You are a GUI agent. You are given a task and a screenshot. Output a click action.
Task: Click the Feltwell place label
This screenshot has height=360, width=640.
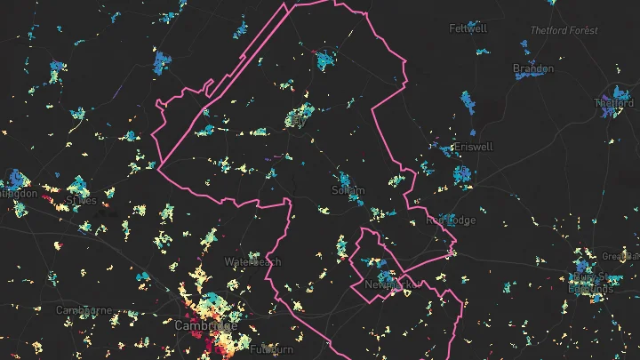(468, 28)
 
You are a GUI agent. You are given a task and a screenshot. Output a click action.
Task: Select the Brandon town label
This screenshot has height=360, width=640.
(533, 68)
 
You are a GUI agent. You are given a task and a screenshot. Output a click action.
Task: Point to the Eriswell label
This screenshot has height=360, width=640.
(472, 147)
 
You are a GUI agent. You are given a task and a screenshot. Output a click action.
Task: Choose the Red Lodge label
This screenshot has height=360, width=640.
(451, 220)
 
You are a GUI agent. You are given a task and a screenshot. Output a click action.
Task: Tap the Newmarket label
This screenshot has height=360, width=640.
(388, 284)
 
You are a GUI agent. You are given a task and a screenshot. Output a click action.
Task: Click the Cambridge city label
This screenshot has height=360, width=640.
(205, 325)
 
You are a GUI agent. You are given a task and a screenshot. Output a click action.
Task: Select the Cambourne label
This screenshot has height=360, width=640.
(84, 310)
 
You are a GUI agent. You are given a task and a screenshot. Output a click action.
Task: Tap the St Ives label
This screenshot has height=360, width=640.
(81, 201)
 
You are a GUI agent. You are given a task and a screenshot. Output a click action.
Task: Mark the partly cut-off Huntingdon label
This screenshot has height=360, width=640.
(18, 193)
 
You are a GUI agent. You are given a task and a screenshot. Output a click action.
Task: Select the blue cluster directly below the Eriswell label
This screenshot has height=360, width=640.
(461, 173)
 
